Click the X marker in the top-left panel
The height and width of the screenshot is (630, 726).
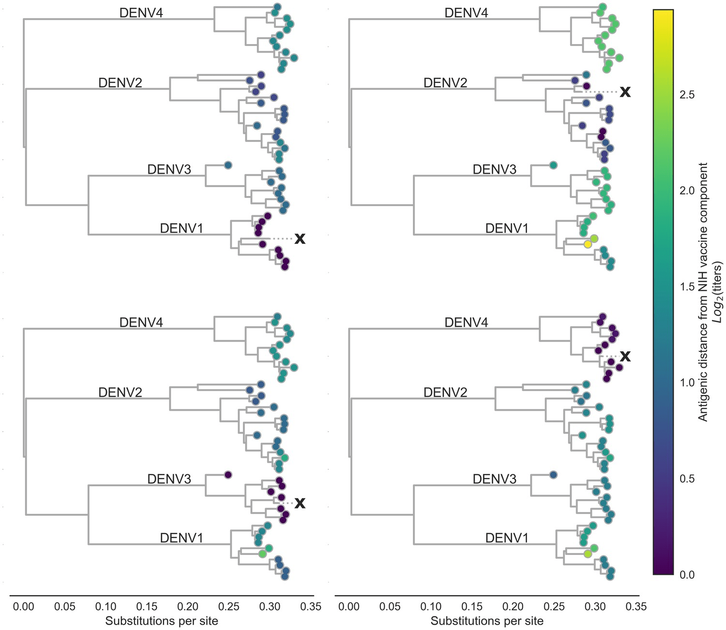pos(300,239)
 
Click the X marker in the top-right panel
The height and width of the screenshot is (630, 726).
pos(625,91)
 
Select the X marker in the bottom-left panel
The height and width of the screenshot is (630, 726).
pos(300,503)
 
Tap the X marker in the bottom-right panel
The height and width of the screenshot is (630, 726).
pos(625,357)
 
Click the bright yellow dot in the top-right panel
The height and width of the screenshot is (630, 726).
pos(588,244)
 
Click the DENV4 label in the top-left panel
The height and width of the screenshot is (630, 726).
pos(141,13)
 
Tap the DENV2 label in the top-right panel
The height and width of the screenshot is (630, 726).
pos(445,83)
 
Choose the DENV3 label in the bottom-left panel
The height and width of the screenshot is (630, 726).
pos(169,479)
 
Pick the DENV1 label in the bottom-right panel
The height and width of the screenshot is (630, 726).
pos(507,538)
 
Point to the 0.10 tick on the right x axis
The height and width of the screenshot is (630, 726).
pos(431,606)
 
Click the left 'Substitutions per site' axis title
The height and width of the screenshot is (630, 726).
pos(162,621)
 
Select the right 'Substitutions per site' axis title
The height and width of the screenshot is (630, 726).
pos(487,621)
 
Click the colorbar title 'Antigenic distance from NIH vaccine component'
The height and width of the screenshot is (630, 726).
pos(703,292)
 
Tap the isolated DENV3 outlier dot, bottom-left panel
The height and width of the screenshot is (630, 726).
pos(228,474)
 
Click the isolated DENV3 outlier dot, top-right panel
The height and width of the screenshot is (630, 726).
pos(553,165)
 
